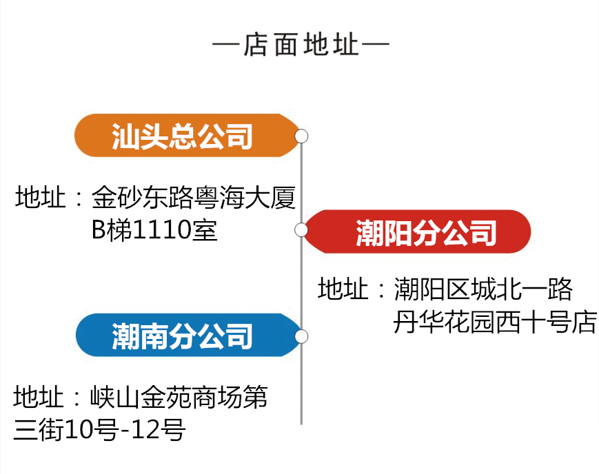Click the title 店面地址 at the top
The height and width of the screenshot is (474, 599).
click(301, 45)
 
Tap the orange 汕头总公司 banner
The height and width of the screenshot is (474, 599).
click(183, 136)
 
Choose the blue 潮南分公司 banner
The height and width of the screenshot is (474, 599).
click(183, 336)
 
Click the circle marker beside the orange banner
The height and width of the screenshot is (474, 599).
click(301, 136)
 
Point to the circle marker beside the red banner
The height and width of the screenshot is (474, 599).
click(301, 229)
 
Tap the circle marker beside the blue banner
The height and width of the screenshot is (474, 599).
click(301, 336)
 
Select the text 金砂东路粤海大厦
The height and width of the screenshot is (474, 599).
click(194, 199)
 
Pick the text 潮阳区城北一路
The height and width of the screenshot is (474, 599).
click(483, 289)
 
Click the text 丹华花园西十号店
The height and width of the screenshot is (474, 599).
click(494, 322)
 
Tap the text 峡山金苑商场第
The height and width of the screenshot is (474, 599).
click(179, 398)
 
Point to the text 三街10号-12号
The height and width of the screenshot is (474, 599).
click(100, 431)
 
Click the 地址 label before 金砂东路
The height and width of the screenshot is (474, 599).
click(41, 199)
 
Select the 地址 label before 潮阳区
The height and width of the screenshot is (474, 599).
click(343, 289)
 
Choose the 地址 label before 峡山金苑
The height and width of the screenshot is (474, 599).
click(39, 398)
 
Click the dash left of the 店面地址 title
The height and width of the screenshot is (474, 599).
click(226, 46)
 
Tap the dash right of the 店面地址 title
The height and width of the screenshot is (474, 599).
click(376, 46)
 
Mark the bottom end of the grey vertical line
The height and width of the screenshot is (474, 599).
click(301, 422)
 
